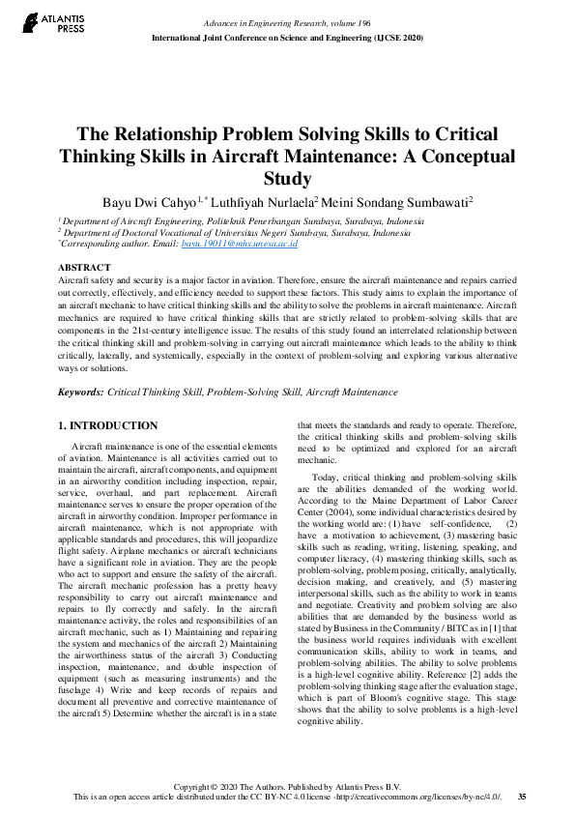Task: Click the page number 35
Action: pos(522,796)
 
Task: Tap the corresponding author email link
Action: pos(225,245)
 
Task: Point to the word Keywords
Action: pos(80,393)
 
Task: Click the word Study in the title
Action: pos(287,179)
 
